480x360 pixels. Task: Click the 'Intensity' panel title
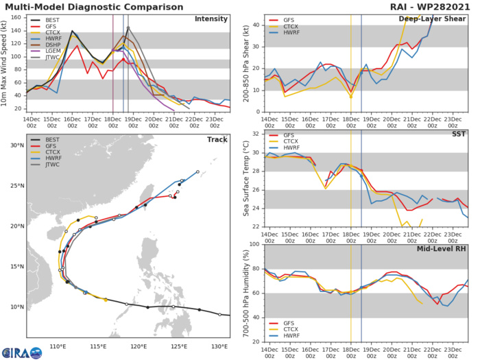(211, 19)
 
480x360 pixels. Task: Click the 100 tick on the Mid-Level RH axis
(253, 244)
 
